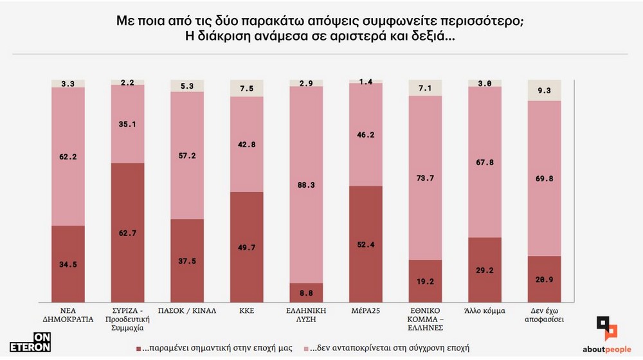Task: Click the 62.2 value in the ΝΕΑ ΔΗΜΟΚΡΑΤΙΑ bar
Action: coord(68,155)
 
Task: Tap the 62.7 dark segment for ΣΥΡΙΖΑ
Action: coord(127,233)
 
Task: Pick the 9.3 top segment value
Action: coord(544,91)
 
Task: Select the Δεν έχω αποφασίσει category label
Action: coord(544,314)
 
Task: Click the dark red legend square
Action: coord(138,348)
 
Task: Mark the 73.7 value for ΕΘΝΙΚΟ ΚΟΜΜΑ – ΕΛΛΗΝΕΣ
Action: coord(425,177)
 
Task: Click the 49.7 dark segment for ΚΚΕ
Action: coord(246,247)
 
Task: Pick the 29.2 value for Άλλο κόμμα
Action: coord(484,271)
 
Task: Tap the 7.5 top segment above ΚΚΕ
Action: coord(246,89)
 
